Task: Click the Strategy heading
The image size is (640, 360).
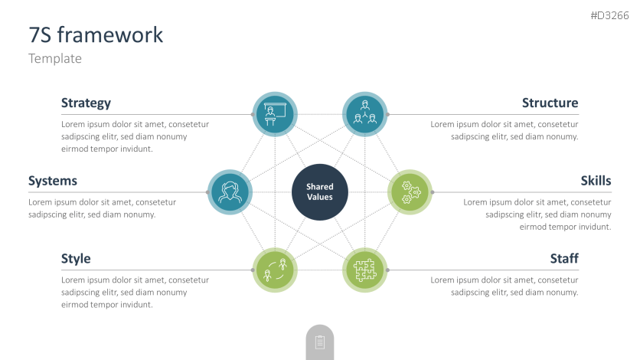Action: click(86, 103)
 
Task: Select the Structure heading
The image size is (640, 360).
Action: click(550, 103)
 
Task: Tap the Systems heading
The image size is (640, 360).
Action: click(53, 181)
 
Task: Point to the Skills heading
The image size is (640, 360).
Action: click(596, 181)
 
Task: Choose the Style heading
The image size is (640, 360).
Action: click(76, 259)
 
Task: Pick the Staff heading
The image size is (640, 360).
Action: click(563, 259)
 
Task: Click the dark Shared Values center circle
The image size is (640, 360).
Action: click(320, 191)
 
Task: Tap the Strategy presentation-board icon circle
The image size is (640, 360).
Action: click(274, 114)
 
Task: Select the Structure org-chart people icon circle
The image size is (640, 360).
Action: click(364, 114)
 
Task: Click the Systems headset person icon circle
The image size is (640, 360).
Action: click(230, 191)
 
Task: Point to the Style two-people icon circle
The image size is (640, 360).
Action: click(274, 270)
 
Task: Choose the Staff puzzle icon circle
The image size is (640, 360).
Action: click(364, 270)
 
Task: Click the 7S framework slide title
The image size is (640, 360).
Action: click(96, 34)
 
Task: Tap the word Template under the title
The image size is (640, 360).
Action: click(55, 58)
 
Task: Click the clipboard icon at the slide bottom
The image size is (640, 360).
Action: click(320, 342)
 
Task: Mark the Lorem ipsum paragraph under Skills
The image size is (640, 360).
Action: click(537, 214)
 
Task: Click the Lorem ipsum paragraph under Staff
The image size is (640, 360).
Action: click(504, 286)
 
